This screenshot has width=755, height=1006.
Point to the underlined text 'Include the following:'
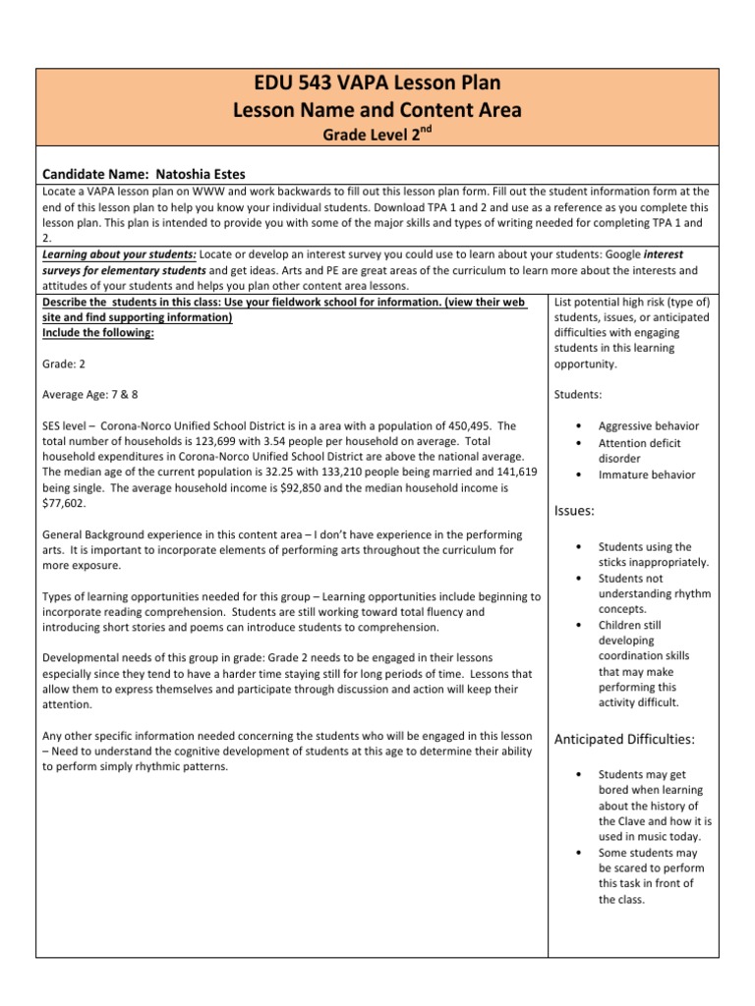click(x=98, y=333)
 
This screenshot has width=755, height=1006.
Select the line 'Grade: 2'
click(x=66, y=363)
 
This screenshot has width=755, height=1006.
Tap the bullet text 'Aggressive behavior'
click(x=649, y=426)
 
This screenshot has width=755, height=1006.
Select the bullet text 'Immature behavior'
click(x=646, y=475)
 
